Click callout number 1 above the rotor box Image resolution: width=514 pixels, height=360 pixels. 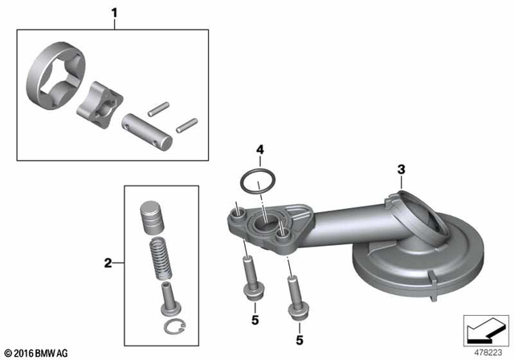pyautogui.click(x=114, y=14)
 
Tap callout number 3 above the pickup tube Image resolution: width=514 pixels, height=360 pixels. pyautogui.click(x=400, y=169)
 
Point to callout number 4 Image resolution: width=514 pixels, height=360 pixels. pyautogui.click(x=259, y=149)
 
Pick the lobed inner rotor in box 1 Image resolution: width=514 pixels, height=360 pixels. pyautogui.click(x=99, y=104)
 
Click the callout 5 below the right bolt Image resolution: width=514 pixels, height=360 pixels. pyautogui.click(x=299, y=341)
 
